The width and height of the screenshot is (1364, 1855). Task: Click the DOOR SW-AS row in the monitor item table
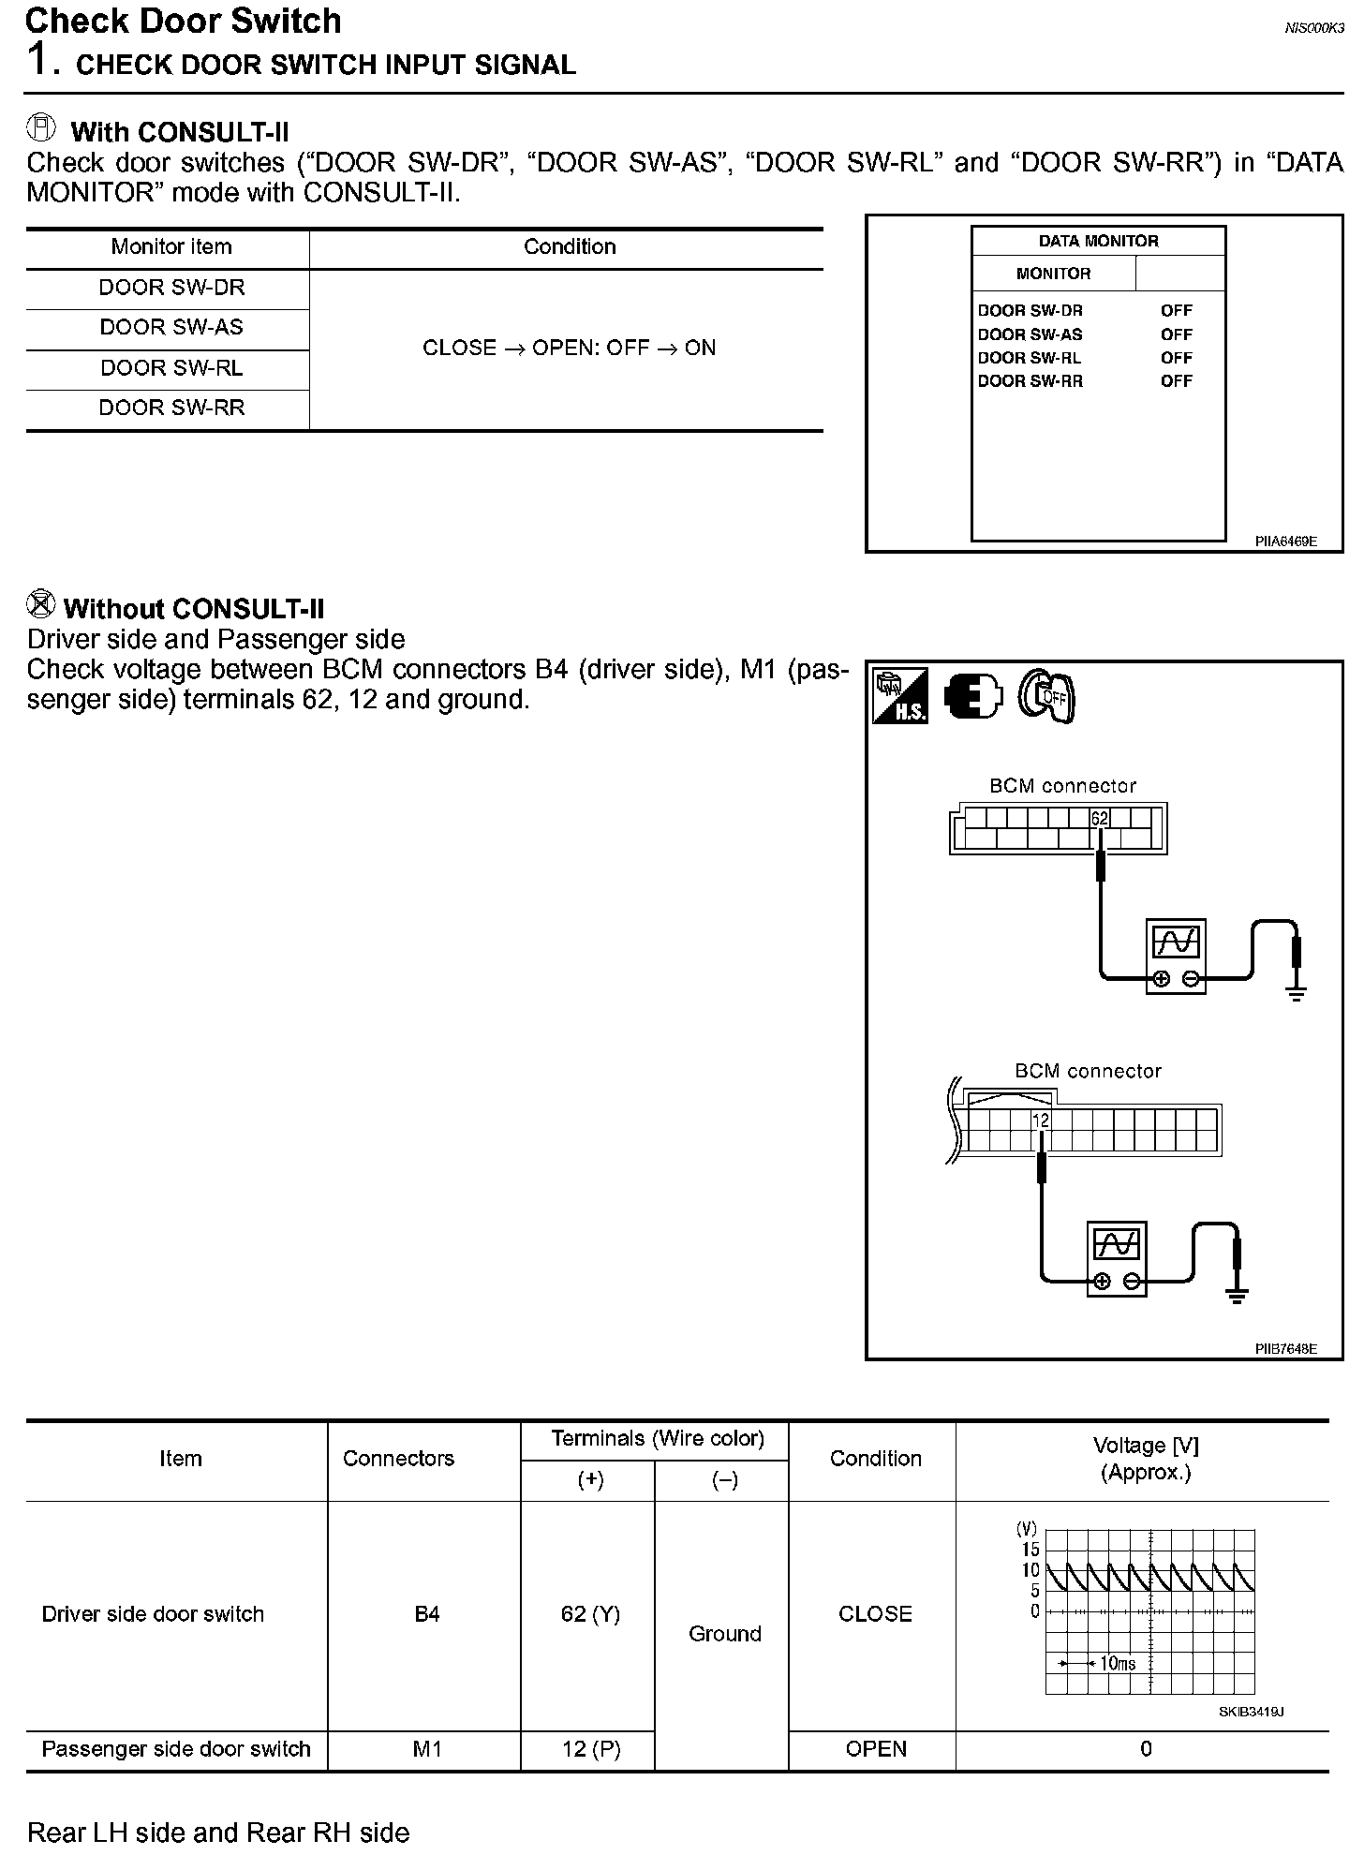point(171,327)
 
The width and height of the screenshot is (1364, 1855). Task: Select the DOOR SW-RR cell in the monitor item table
point(171,408)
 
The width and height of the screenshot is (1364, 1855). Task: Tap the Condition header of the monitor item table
point(570,246)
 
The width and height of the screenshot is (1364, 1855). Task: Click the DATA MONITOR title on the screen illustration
point(1098,241)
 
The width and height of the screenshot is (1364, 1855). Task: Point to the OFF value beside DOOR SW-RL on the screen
point(1176,358)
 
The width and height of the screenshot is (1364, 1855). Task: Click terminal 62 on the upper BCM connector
point(1099,818)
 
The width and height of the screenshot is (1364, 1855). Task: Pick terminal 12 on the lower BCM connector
point(1041,1120)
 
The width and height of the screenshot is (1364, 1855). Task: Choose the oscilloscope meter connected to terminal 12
point(1117,1257)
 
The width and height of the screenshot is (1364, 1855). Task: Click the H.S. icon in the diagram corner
point(900,695)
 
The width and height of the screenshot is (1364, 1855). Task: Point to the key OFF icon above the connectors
point(1047,696)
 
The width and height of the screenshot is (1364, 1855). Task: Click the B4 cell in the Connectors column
point(426,1613)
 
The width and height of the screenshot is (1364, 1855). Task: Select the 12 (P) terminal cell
point(590,1749)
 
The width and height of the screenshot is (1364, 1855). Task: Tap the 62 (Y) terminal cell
point(590,1613)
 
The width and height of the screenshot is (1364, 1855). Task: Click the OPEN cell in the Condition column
point(875,1749)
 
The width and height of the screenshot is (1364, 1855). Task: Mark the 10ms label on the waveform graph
point(1117,1664)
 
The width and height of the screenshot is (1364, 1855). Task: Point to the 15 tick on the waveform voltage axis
point(1030,1550)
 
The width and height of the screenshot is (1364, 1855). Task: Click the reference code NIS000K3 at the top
point(1313,28)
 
